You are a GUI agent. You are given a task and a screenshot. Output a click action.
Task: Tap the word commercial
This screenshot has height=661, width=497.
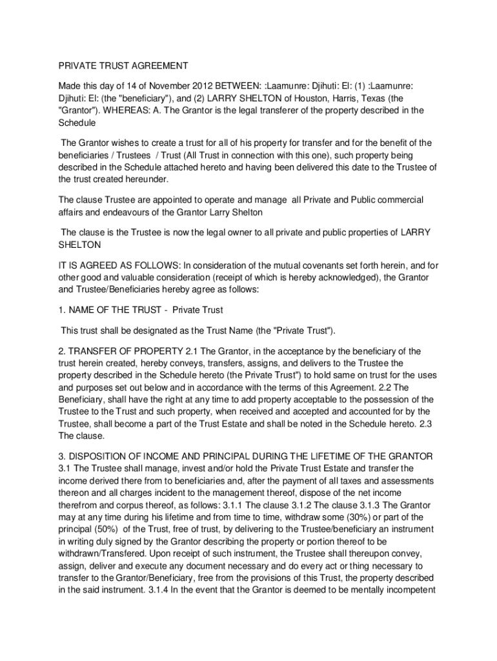point(394,201)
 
